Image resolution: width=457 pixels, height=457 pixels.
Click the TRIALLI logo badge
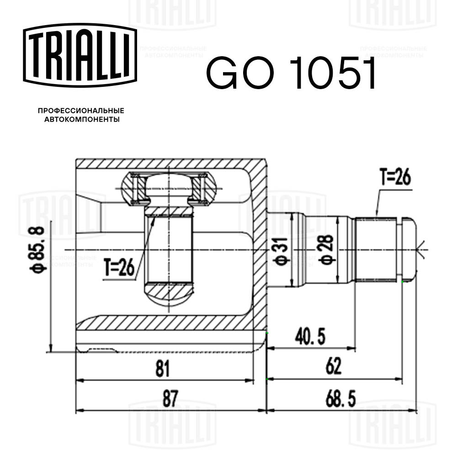(80, 55)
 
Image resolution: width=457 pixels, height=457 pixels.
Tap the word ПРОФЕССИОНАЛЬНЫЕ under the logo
(81, 111)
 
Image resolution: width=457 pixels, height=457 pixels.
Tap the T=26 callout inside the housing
(118, 267)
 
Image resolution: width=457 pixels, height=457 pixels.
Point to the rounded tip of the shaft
(409, 250)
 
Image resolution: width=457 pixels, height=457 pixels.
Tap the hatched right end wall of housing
(260, 247)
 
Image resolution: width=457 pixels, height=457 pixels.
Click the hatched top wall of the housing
(169, 164)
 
